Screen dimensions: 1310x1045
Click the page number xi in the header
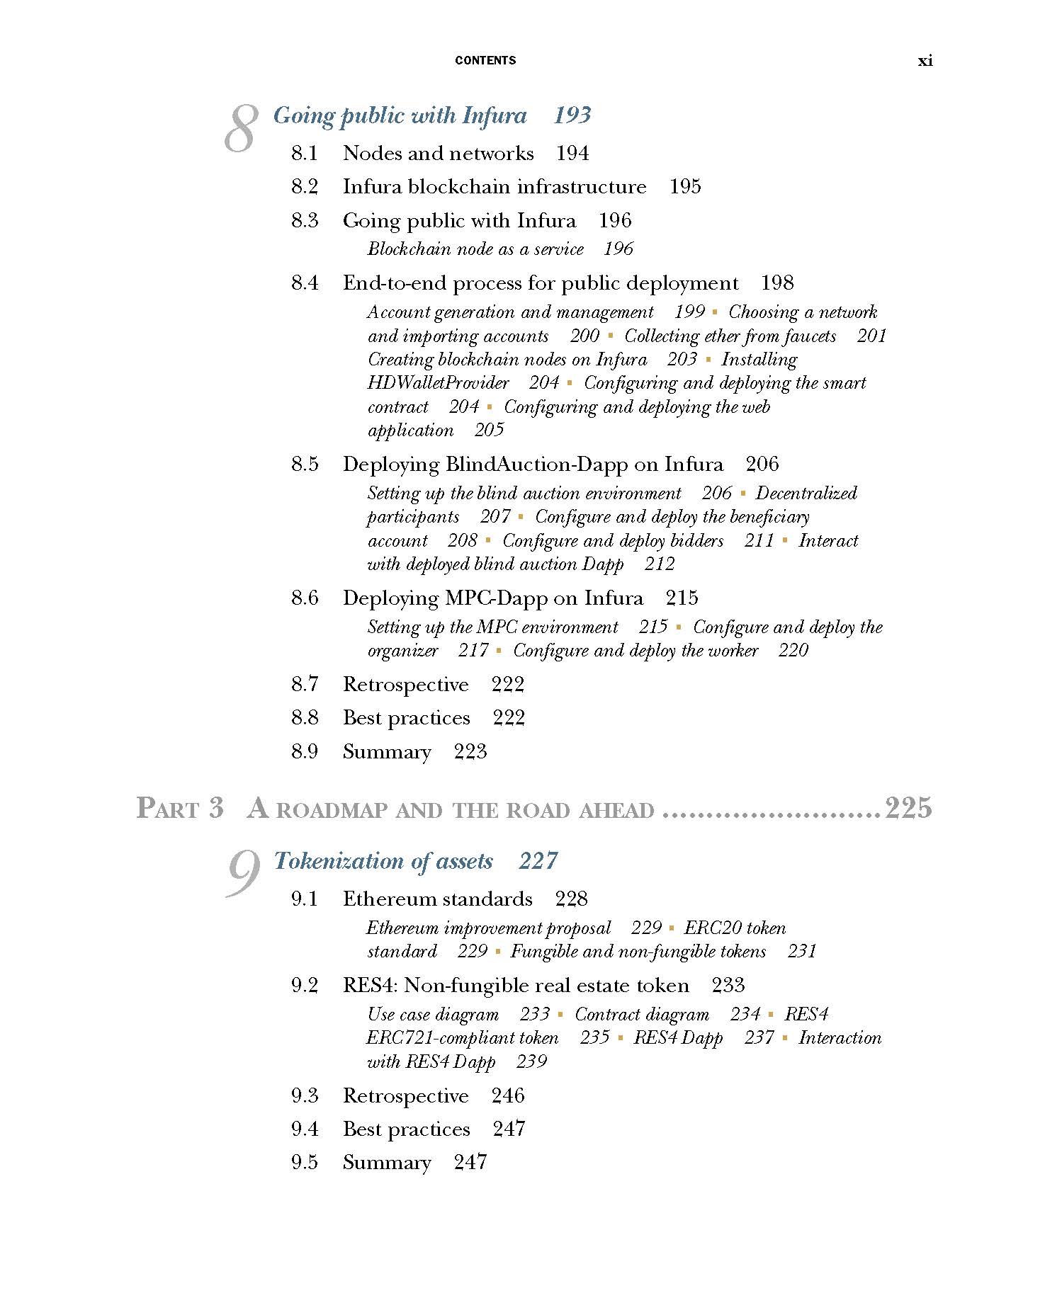pyautogui.click(x=925, y=61)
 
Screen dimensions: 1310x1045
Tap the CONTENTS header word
pyautogui.click(x=485, y=61)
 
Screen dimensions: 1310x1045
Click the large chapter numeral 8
pyautogui.click(x=240, y=128)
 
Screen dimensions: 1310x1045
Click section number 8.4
pyautogui.click(x=305, y=283)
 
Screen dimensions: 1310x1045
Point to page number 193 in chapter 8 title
pyautogui.click(x=572, y=115)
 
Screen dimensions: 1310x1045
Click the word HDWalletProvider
pyautogui.click(x=438, y=383)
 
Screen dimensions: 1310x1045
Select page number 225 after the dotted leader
pyautogui.click(x=908, y=808)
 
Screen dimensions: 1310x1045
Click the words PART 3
pyautogui.click(x=180, y=809)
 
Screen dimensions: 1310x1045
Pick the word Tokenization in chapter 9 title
pyautogui.click(x=340, y=861)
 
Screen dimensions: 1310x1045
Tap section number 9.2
pyautogui.click(x=305, y=986)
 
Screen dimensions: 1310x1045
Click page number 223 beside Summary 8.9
pyautogui.click(x=470, y=752)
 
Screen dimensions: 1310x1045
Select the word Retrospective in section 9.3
pyautogui.click(x=405, y=1096)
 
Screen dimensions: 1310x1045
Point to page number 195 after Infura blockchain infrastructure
pyautogui.click(x=685, y=187)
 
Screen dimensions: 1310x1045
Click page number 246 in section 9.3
pyautogui.click(x=508, y=1096)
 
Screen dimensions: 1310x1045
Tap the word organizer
pyautogui.click(x=402, y=651)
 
